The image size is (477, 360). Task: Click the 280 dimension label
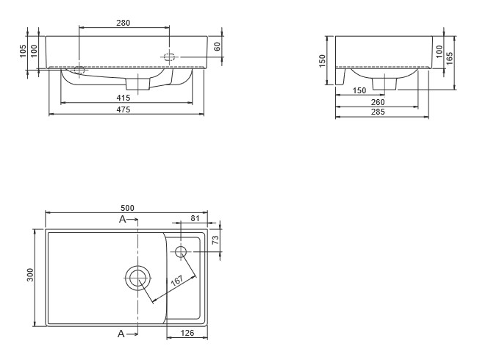point(123,23)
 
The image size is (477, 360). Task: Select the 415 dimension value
point(123,98)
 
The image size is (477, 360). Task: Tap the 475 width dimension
point(123,109)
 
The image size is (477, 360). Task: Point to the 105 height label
point(23,51)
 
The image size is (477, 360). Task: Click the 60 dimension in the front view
point(217,46)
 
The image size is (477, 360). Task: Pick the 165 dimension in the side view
point(449,58)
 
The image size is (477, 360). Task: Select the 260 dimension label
point(378,102)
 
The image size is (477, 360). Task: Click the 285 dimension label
point(378,112)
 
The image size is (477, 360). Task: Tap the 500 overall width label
point(127,208)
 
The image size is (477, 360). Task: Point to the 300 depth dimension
point(30,275)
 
